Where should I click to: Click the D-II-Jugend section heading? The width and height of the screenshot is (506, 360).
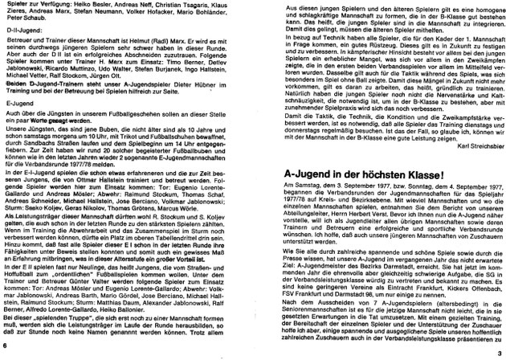20,35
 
